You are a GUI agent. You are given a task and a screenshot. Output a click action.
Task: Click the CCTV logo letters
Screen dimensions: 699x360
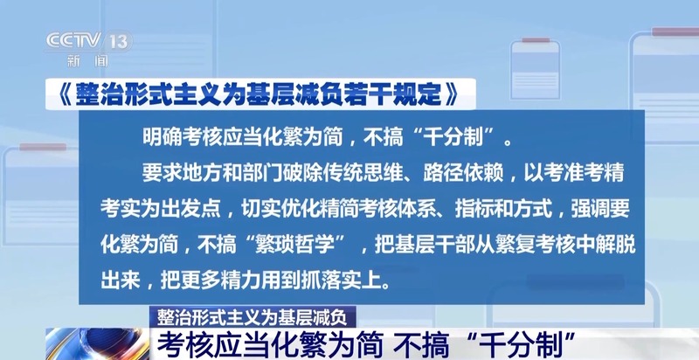73,41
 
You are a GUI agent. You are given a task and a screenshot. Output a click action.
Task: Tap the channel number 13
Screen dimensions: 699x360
119,42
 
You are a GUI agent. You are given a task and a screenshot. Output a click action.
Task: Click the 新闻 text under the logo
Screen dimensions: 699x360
87,60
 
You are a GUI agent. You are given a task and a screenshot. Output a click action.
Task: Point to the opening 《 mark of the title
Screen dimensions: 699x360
63,94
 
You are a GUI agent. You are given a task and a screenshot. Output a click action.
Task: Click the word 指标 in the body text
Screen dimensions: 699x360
474,209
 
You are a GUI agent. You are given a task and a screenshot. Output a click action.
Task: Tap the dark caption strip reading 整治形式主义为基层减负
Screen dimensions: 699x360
252,317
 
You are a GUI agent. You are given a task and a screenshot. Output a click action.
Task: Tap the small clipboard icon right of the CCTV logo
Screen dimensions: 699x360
536,68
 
